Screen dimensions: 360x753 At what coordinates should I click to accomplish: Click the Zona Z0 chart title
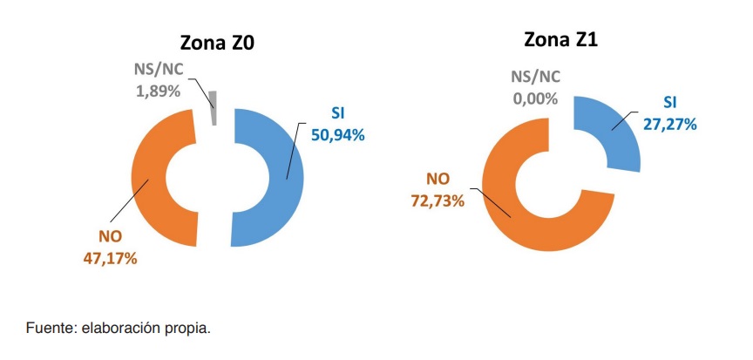click(218, 44)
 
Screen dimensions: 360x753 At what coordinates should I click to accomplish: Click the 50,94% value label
click(337, 135)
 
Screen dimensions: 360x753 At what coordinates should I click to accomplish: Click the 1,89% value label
click(159, 91)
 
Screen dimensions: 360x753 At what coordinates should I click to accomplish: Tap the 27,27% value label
click(670, 124)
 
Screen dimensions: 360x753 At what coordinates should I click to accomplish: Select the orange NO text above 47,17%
click(109, 237)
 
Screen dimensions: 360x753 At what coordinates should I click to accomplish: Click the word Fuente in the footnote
click(49, 329)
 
